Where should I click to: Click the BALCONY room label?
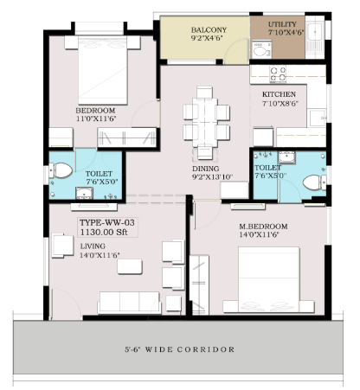point(209,30)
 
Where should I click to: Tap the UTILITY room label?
point(282,24)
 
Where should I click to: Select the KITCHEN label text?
point(279,94)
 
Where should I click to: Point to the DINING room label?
point(206,169)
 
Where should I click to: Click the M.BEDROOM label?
point(263,227)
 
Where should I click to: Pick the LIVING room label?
point(93,246)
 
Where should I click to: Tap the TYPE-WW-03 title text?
point(107,223)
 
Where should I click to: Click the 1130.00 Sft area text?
point(104,232)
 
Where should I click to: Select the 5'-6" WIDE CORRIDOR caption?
point(179,349)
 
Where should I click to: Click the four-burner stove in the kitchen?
point(278,74)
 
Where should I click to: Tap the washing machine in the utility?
point(262,49)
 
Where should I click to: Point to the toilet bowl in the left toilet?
point(61,170)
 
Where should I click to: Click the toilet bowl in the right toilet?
point(314,182)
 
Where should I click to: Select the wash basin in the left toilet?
point(84,193)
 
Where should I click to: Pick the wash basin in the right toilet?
point(286,157)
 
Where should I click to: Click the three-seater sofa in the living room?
point(129,303)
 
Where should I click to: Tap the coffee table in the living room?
point(130,266)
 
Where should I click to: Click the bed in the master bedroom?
point(268,279)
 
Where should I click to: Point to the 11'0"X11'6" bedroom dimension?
point(96,118)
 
